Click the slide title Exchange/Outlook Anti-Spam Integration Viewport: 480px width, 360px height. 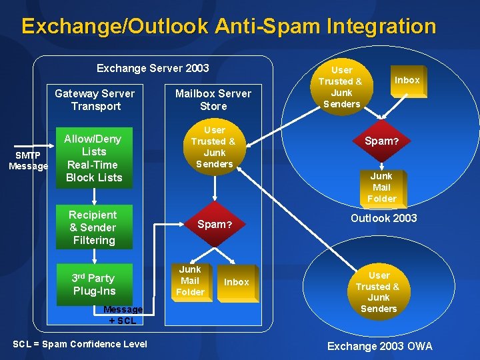point(229,27)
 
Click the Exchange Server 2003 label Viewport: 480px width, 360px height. point(153,68)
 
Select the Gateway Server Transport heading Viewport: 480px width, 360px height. point(95,100)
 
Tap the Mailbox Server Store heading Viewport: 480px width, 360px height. point(213,100)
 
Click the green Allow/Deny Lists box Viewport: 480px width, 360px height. point(93,158)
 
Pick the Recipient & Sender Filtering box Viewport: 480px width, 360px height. point(93,227)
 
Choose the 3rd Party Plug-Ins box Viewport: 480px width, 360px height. point(94,285)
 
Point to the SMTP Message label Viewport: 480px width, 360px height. point(28,161)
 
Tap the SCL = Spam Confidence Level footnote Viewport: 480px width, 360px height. point(80,344)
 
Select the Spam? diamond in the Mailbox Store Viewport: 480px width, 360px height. point(214,224)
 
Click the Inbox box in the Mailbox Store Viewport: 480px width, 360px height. point(236,282)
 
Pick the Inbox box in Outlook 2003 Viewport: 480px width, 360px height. point(407,81)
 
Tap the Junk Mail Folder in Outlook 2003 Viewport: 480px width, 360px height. point(381,187)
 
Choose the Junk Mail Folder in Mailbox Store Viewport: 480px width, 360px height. point(190,280)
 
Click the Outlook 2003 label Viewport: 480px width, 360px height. point(383,218)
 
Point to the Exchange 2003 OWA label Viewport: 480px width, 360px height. point(379,346)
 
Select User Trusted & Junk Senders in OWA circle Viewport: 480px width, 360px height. point(378,292)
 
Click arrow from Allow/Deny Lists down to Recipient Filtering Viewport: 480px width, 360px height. point(94,196)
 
